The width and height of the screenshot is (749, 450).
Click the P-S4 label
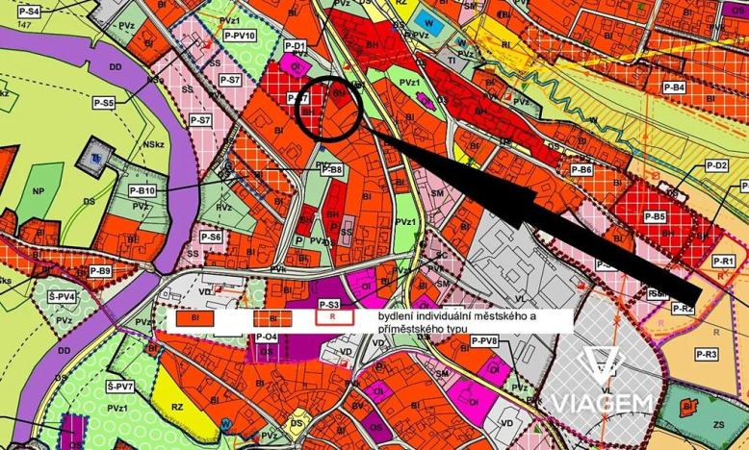29,12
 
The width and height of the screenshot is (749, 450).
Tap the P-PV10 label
237,36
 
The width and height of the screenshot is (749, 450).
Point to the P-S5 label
104,102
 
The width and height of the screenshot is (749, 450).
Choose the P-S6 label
211,237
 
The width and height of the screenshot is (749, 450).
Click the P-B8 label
330,169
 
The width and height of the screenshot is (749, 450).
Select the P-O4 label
267,337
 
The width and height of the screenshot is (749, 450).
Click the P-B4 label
674,87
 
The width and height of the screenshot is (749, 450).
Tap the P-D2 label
716,165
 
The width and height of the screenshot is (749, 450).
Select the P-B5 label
655,217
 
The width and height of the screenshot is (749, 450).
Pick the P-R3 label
707,355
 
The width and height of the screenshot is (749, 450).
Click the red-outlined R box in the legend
332,315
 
